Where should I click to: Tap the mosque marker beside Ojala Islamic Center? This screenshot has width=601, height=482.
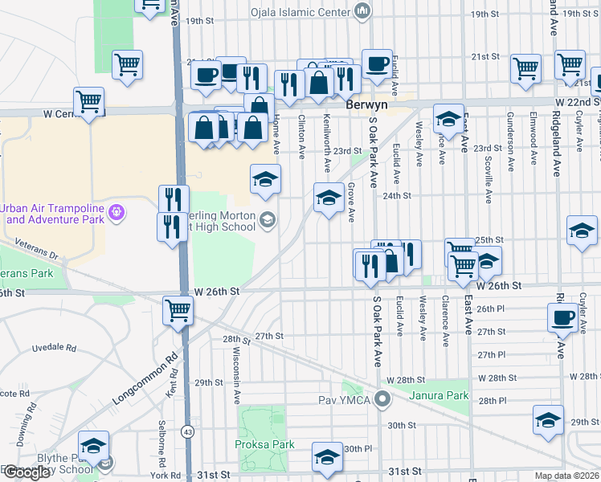point(362,12)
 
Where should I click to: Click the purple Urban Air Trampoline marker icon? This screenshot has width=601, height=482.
point(117,212)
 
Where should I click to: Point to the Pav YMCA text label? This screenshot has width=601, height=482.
point(349,398)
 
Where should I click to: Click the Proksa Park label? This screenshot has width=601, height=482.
point(264,444)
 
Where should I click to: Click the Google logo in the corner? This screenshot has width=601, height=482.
point(27,472)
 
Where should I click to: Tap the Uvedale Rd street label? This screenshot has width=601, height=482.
point(54,349)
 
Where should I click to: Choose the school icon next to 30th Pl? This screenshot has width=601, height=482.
point(326,456)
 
